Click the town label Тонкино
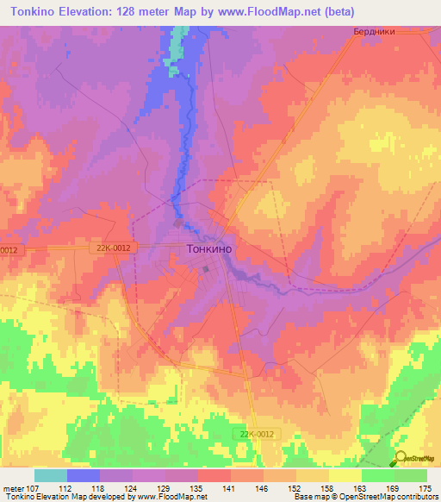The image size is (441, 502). pos(209,248)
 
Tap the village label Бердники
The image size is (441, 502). pos(375,32)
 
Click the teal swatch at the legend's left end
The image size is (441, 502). pos(51,475)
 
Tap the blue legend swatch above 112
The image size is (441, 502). pos(84,475)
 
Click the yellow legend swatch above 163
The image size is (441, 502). pos(345,475)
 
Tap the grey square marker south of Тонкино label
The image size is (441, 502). pos(206,268)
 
